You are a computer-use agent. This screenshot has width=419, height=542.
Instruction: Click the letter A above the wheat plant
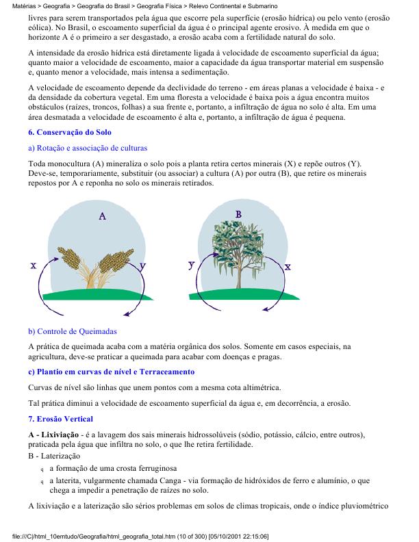click(102, 216)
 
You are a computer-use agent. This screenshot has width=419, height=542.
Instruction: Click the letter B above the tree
click(238, 214)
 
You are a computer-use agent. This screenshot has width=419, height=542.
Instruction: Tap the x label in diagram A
click(34, 266)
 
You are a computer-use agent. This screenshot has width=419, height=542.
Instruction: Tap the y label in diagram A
click(142, 264)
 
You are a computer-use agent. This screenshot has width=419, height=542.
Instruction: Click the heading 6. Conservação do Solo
click(70, 132)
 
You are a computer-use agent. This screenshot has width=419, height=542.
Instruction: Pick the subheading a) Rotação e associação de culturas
click(87, 148)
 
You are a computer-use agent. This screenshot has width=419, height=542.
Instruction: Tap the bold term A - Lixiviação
click(51, 435)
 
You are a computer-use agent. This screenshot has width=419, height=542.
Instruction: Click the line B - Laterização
click(54, 456)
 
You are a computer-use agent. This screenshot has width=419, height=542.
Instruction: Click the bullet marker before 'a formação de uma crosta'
click(42, 469)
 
